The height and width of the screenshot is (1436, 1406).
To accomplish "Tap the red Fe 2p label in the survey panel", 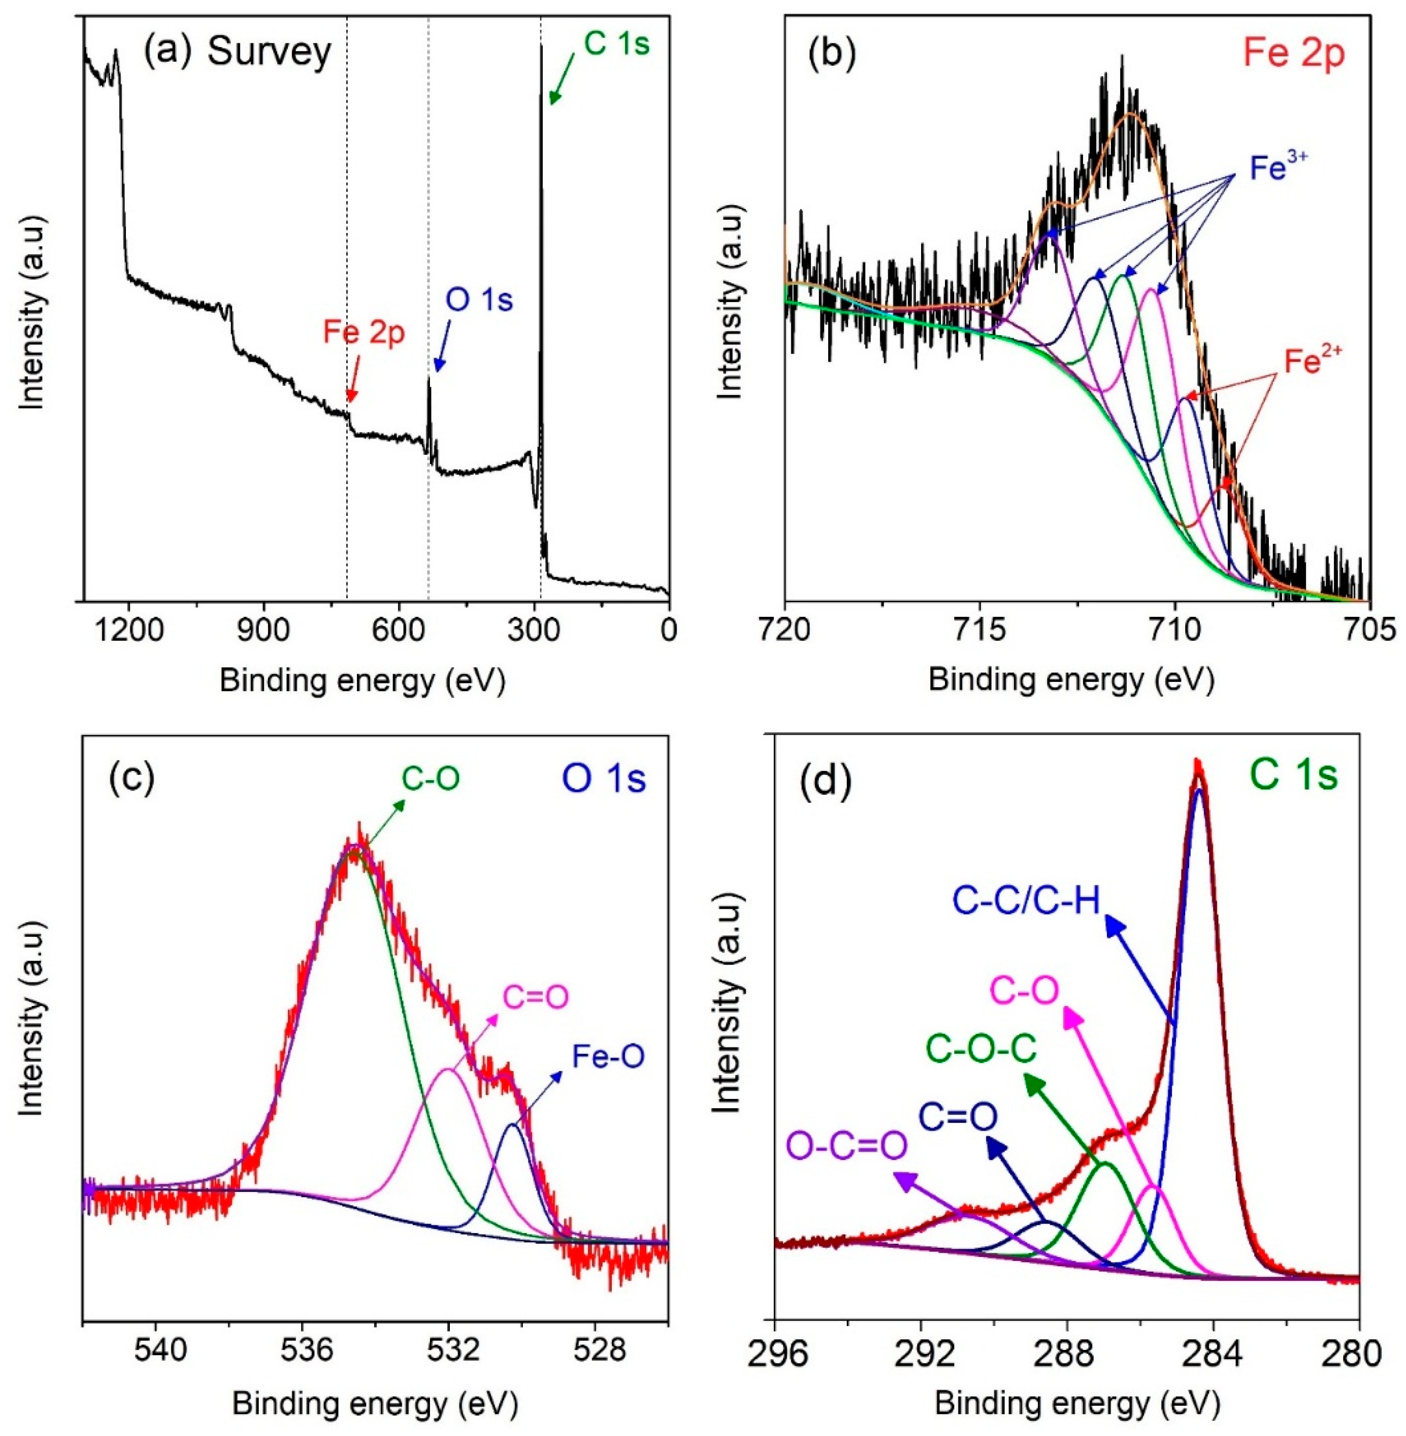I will [x=364, y=333].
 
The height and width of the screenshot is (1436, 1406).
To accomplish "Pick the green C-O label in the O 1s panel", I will [x=430, y=779].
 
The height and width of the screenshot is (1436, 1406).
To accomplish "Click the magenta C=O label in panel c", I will [x=536, y=998].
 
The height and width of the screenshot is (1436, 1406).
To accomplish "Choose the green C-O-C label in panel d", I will [x=982, y=1047].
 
